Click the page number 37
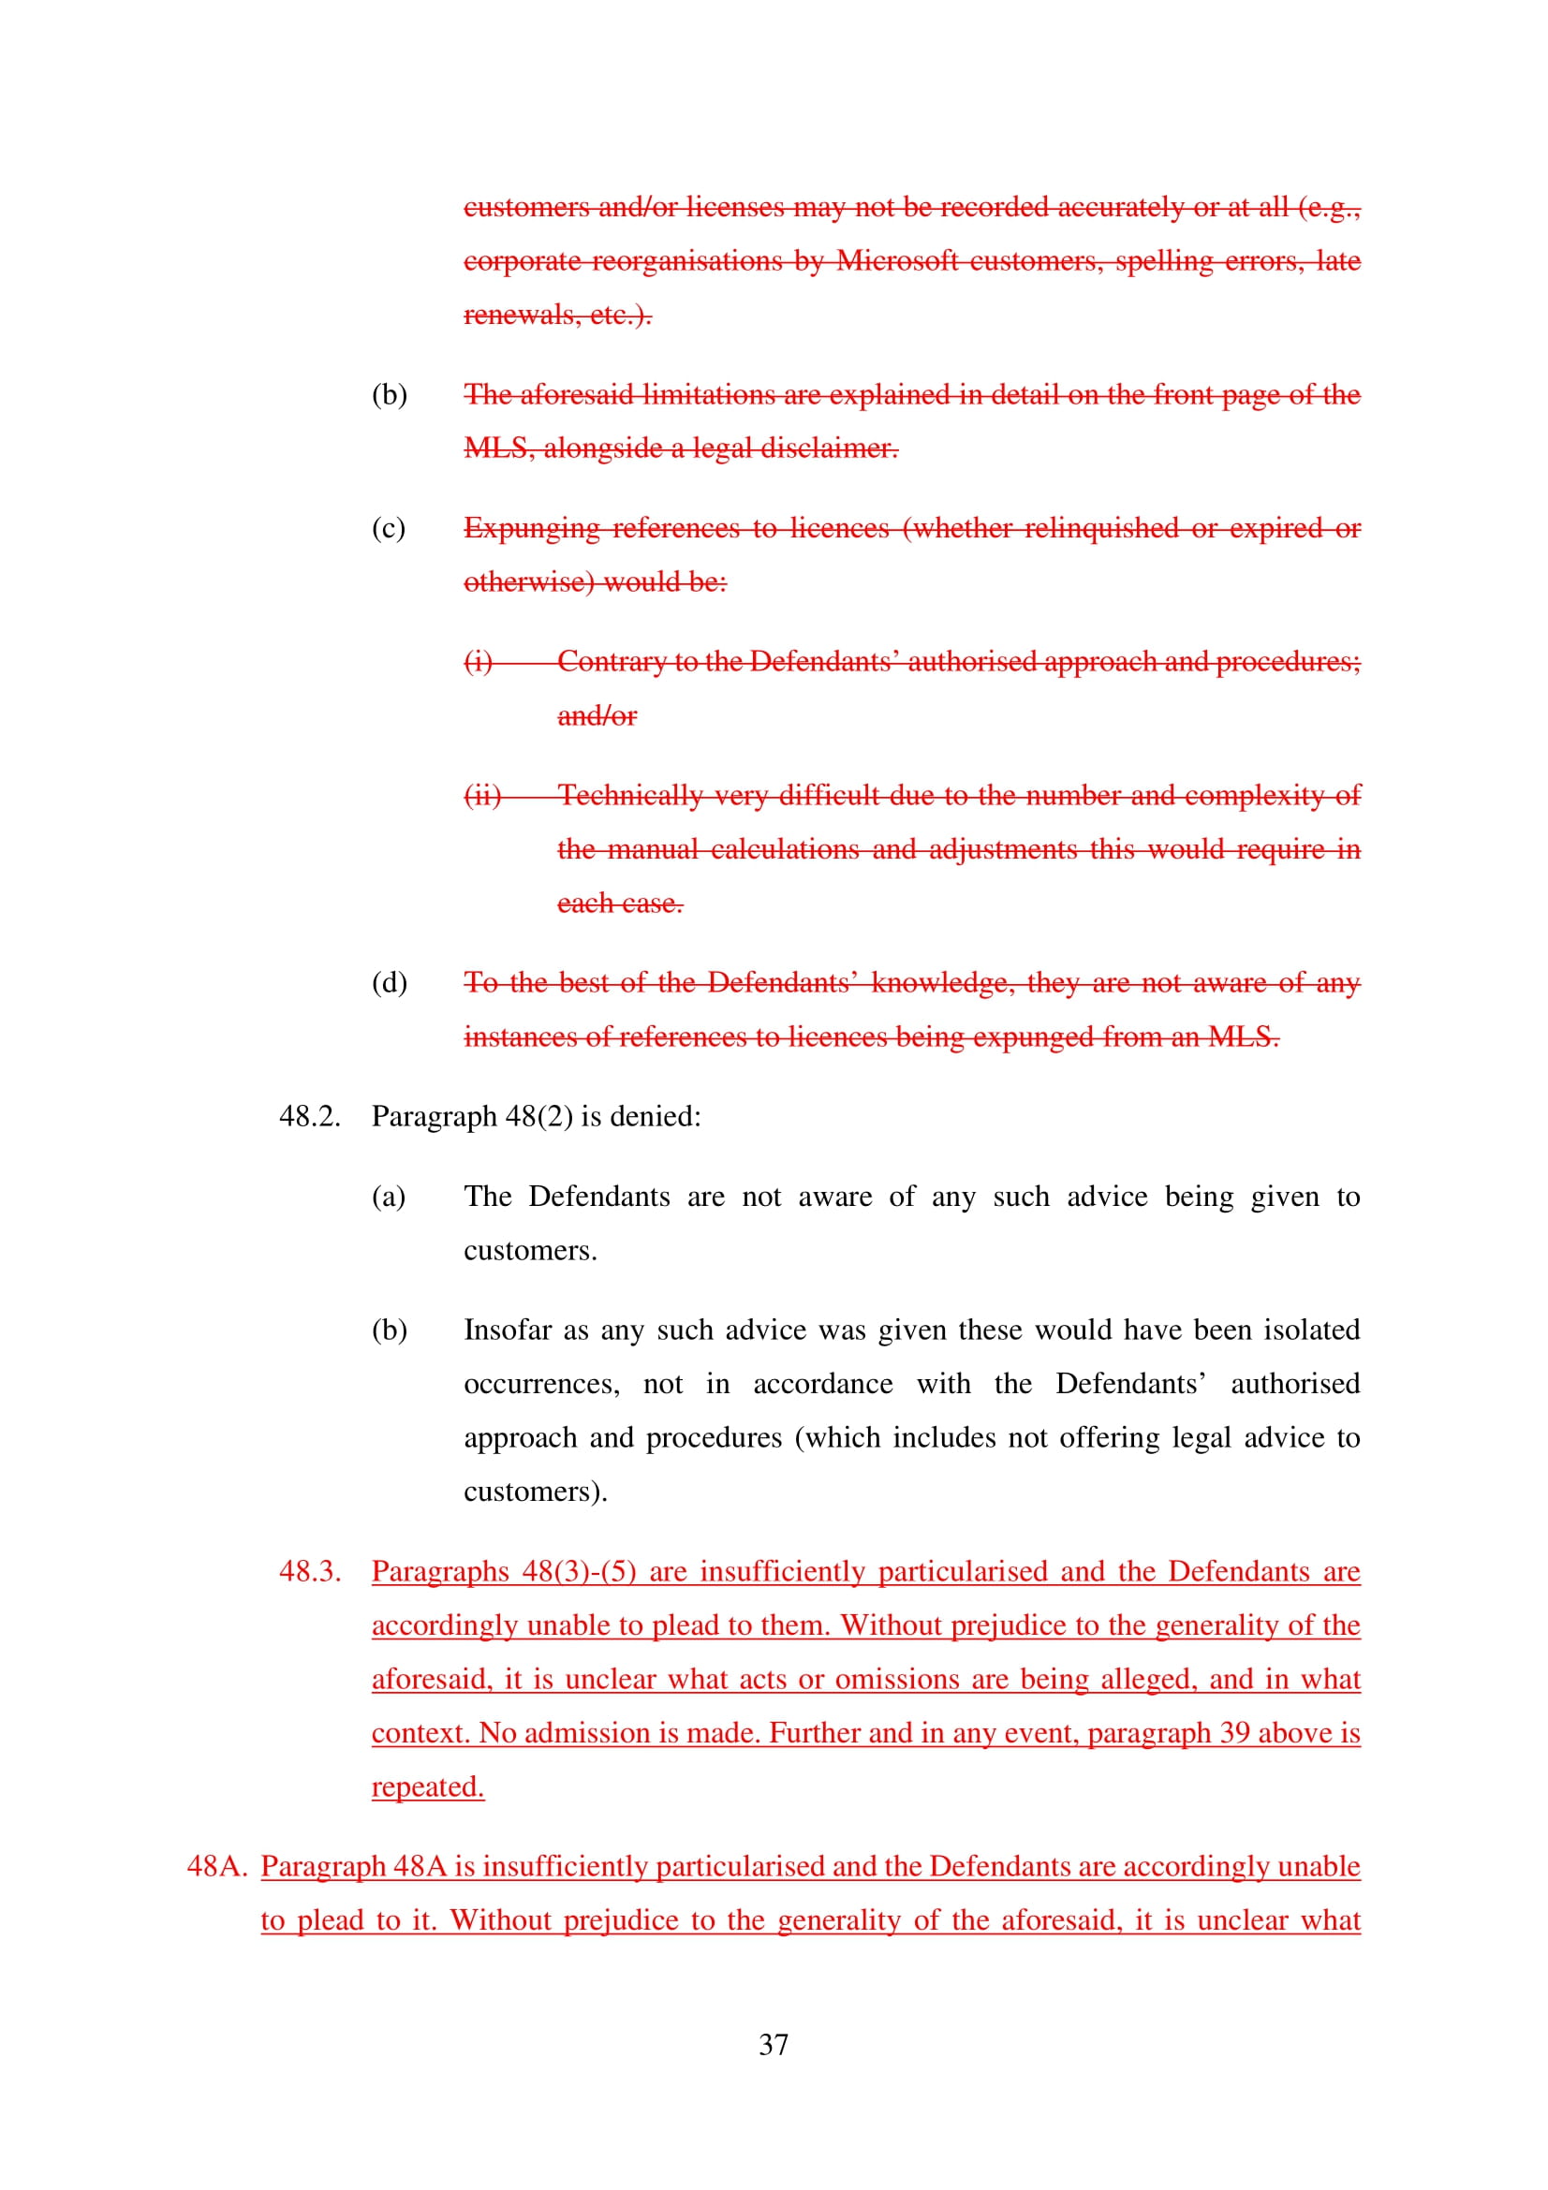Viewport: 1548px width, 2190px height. pyautogui.click(x=774, y=2044)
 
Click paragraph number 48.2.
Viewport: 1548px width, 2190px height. pyautogui.click(x=309, y=1116)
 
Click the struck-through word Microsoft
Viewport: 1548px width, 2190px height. pyautogui.click(x=896, y=260)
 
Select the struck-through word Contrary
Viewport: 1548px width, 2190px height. pyautogui.click(x=611, y=661)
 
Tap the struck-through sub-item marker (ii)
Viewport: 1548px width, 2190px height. pyautogui.click(x=482, y=796)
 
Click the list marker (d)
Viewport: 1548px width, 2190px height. pyautogui.click(x=390, y=982)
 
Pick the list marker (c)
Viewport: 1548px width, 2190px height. pyautogui.click(x=389, y=528)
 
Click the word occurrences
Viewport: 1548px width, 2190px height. pyautogui.click(x=540, y=1384)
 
